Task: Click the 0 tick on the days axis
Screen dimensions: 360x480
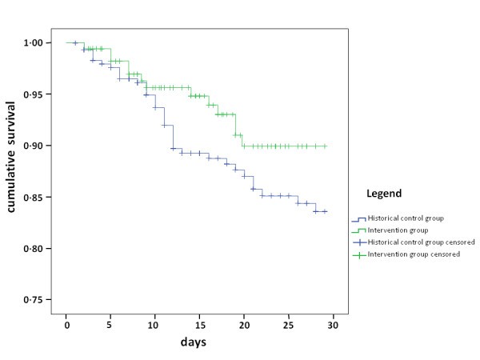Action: tap(66, 325)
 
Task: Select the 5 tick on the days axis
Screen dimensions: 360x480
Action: tap(110, 325)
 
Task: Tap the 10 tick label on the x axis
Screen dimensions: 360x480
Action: tap(155, 325)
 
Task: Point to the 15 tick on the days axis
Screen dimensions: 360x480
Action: tap(200, 325)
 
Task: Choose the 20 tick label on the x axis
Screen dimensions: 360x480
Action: tap(245, 325)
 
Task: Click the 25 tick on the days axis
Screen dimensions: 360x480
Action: tap(290, 325)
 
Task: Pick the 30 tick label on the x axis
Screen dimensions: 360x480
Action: tap(334, 325)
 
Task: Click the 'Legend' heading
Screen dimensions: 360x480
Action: tap(384, 194)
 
